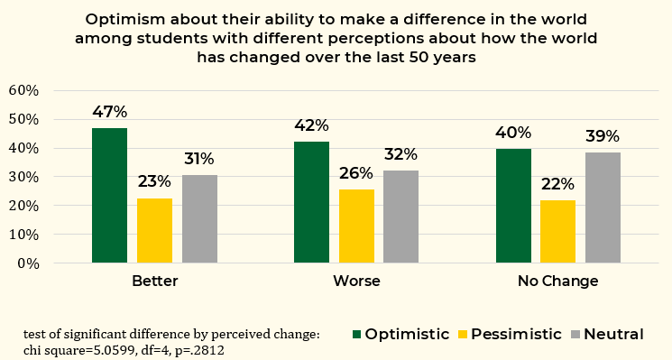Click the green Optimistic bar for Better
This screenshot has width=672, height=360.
coord(110,196)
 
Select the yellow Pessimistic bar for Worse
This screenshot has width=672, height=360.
coord(356,226)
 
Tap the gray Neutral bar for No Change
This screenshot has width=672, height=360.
coord(603,208)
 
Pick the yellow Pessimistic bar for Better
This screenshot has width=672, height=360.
coord(155,231)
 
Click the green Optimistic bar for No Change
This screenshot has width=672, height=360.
coord(513,206)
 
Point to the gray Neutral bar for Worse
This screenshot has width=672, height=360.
coord(401,217)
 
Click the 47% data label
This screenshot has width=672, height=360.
coord(110,112)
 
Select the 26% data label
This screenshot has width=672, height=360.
coord(356,173)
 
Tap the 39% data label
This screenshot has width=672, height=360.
coord(603,136)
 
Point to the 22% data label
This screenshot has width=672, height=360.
coord(557,184)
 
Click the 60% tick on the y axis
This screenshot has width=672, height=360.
coord(23,91)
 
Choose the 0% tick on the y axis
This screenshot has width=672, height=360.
coord(28,263)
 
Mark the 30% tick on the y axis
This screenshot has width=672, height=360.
coord(23,177)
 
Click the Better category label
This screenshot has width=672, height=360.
coord(155,282)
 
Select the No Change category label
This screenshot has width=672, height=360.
coord(558,282)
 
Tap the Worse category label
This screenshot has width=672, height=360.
coord(356,282)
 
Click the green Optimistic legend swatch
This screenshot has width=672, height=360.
coord(356,334)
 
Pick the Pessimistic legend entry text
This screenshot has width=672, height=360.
coord(516,334)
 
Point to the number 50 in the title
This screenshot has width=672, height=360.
coord(419,57)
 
